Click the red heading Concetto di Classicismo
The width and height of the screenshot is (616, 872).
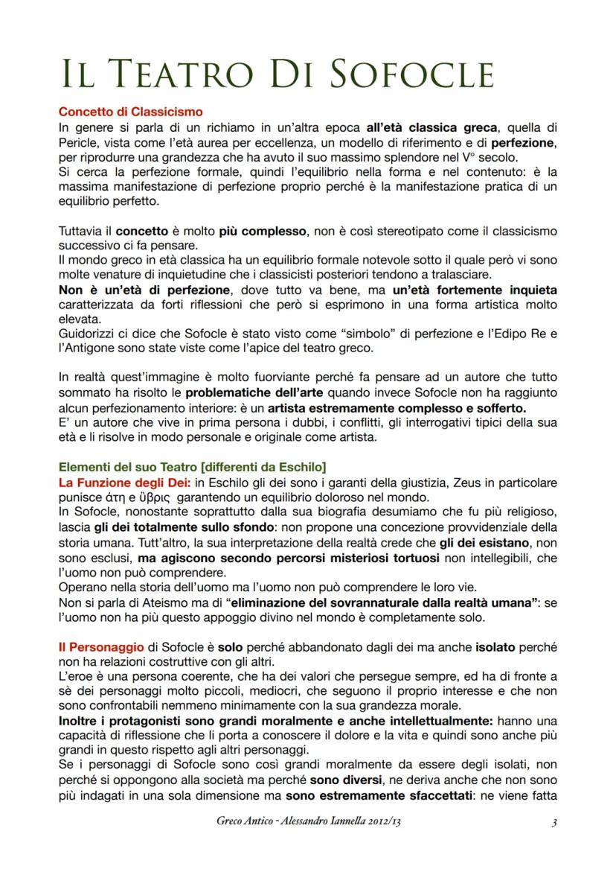(x=130, y=112)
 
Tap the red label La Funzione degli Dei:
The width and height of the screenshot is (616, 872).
(x=115, y=483)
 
